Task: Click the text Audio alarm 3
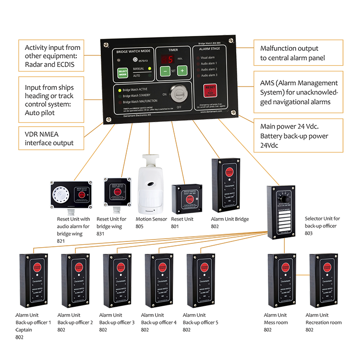(x=209, y=75)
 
